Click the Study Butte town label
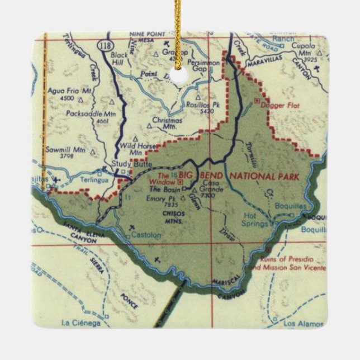point(127,164)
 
